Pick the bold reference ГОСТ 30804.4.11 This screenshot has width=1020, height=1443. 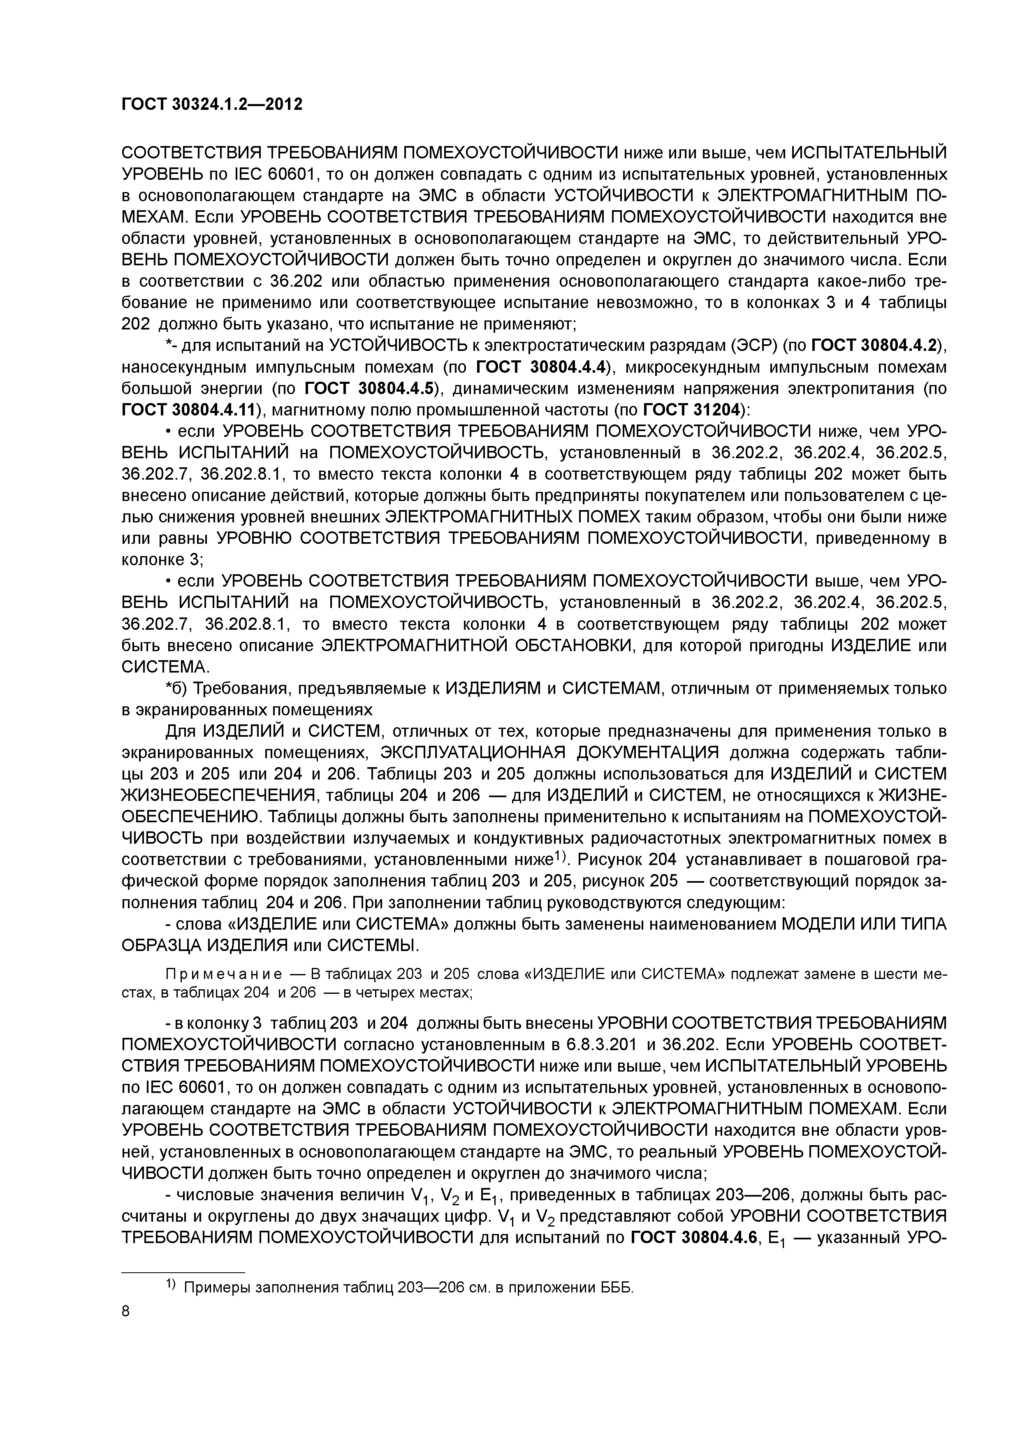coord(190,410)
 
